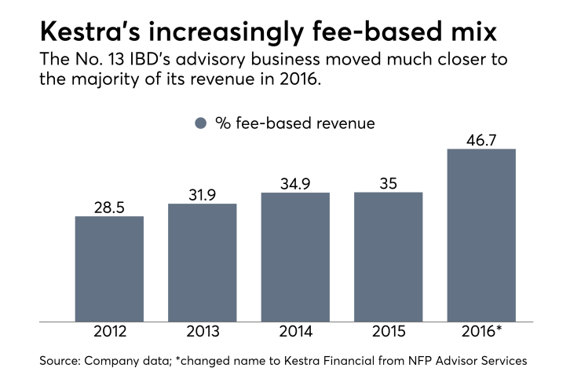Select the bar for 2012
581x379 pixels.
pos(109,268)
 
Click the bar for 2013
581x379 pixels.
pos(203,262)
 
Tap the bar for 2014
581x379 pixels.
pos(295,256)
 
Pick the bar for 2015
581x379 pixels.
pos(389,256)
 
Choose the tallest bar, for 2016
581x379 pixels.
pos(481,234)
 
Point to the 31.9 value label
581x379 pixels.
pos(203,194)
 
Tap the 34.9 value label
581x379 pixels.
pos(295,183)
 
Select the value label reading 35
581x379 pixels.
pos(389,183)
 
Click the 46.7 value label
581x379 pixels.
pos(481,139)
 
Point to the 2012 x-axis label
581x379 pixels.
pos(109,331)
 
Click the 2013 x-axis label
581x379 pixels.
pos(203,331)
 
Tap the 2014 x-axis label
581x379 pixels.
pos(295,331)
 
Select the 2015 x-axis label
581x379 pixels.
pos(389,331)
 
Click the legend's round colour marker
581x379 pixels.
pos(200,123)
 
